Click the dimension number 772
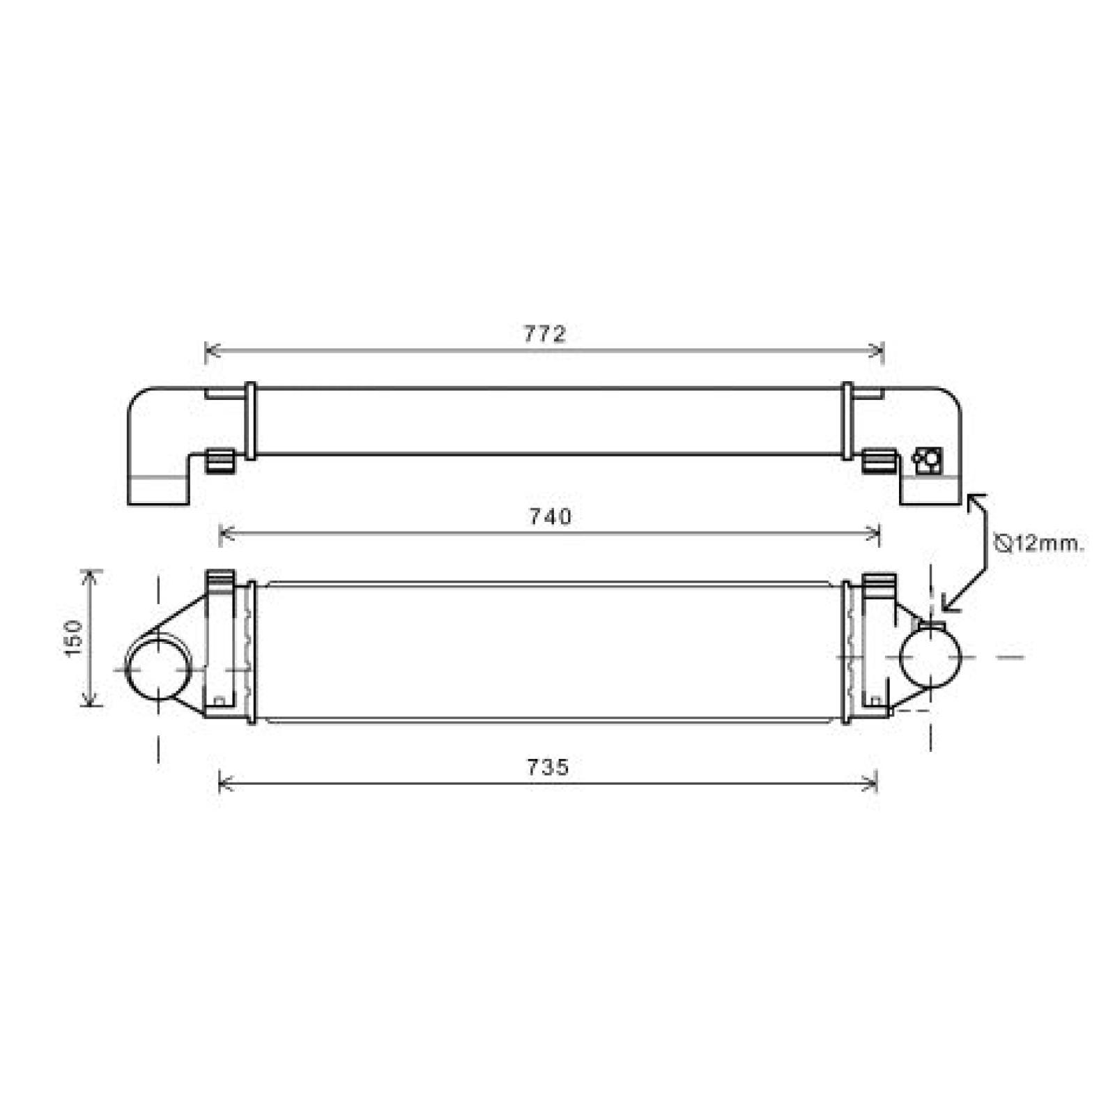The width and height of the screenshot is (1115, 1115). point(545,334)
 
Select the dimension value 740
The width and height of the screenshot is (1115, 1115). point(550,516)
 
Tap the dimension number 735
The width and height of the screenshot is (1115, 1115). point(548,767)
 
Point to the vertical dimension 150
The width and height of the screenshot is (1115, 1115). point(73,637)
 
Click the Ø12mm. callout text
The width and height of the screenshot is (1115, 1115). point(1039,544)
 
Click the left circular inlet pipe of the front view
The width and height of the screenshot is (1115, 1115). point(159,668)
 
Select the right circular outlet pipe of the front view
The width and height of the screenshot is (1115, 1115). point(930,656)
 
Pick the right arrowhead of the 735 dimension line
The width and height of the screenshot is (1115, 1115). point(872,783)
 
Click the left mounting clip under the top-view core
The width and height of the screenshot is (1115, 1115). point(219,461)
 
